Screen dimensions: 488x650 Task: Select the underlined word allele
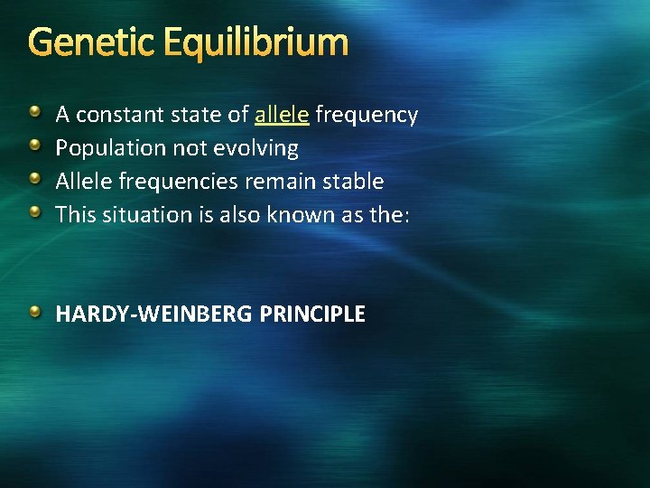282,115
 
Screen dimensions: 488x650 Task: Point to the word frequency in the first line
367,115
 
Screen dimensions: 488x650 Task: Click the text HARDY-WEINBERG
154,314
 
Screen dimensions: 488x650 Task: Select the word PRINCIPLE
312,314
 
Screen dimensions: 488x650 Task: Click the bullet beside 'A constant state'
34,113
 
